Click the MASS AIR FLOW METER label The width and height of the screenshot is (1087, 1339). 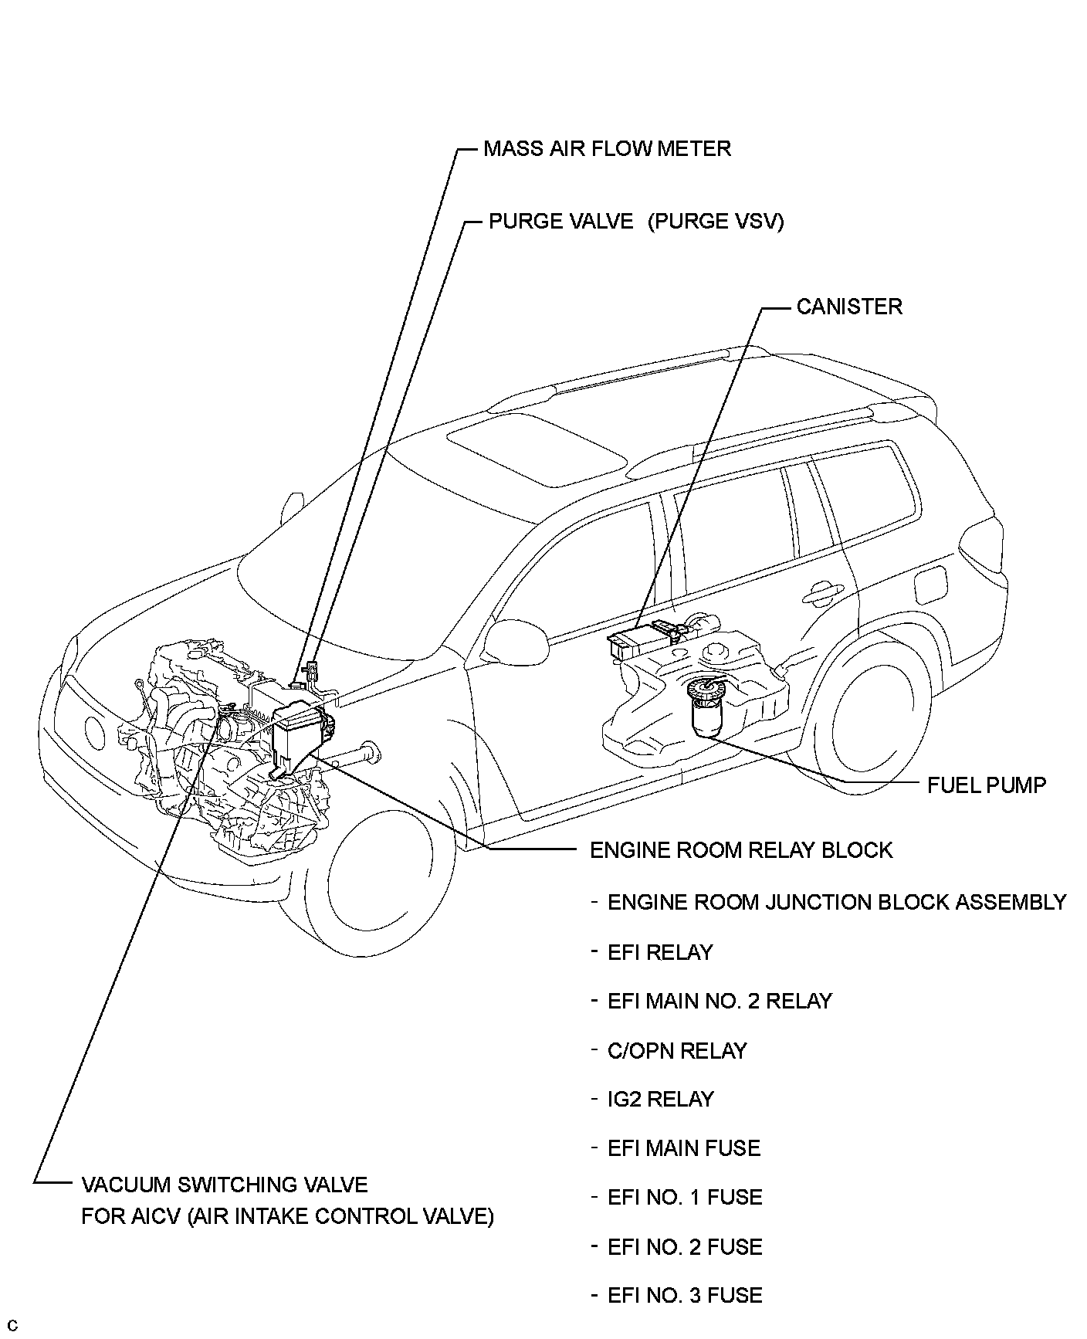tap(607, 148)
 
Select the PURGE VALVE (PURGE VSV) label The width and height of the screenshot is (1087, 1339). tap(636, 222)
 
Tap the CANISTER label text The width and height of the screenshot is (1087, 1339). tap(849, 307)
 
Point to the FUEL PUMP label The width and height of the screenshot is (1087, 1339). tap(987, 785)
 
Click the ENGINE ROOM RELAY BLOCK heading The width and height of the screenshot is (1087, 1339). tap(741, 850)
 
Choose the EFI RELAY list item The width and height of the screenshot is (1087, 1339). tap(660, 952)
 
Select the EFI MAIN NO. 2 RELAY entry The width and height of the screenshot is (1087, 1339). tap(720, 1001)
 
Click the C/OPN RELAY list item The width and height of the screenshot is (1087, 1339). tap(677, 1050)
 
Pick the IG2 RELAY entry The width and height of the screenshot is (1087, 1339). tap(661, 1099)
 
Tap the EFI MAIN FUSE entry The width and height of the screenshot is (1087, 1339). tap(684, 1148)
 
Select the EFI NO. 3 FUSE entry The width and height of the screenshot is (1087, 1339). tap(685, 1295)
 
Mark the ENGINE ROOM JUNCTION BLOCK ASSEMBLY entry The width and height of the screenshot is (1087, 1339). tap(837, 902)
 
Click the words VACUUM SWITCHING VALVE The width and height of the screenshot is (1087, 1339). tap(225, 1185)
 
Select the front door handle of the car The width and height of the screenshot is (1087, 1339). tap(821, 592)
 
